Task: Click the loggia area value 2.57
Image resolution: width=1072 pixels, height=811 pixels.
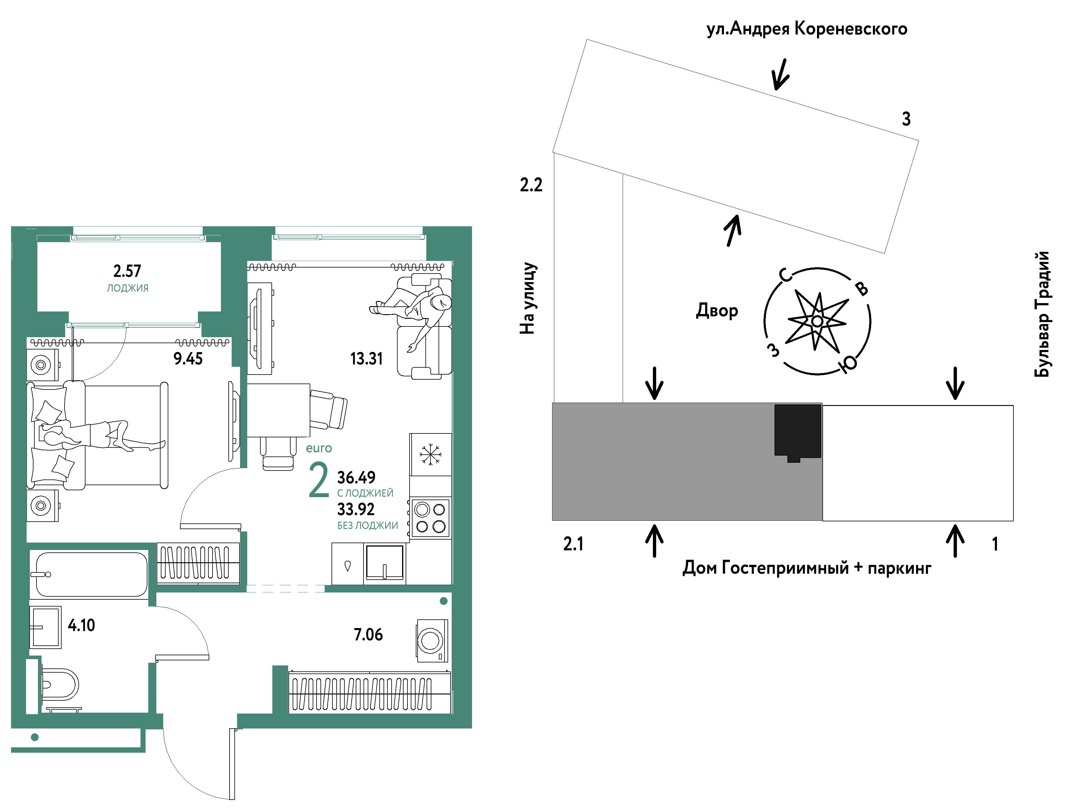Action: click(127, 271)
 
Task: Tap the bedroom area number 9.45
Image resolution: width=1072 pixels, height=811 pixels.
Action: click(188, 359)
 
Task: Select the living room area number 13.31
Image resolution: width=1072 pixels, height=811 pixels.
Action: click(367, 359)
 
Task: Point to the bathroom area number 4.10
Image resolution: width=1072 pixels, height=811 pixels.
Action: click(81, 625)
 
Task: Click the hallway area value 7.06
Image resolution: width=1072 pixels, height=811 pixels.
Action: click(368, 635)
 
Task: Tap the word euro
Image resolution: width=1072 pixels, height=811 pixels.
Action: click(319, 448)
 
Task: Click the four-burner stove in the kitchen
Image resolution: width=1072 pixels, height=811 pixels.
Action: click(430, 518)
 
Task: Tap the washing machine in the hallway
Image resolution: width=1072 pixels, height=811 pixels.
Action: click(431, 640)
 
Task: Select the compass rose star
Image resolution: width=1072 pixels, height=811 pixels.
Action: click(817, 321)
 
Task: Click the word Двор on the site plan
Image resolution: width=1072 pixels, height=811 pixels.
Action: click(717, 311)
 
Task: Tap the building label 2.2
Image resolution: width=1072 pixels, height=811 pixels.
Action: click(531, 185)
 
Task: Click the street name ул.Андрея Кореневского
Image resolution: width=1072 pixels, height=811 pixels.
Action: click(807, 29)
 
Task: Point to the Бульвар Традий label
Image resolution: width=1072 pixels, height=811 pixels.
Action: click(1042, 314)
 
